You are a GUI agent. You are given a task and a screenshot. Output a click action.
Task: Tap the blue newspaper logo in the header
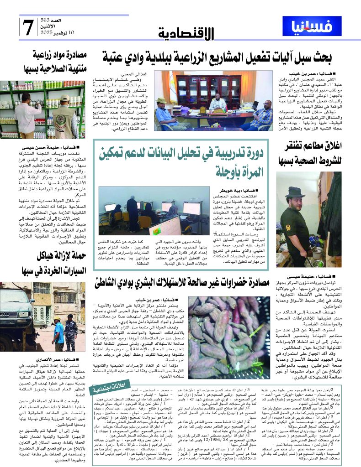pos(312,26)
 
